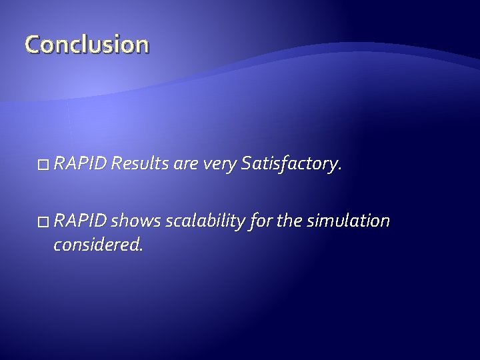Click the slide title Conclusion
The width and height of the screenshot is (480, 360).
pyautogui.click(x=87, y=45)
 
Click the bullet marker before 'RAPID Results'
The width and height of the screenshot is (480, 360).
pyautogui.click(x=44, y=164)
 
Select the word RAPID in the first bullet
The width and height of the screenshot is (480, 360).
pyautogui.click(x=81, y=163)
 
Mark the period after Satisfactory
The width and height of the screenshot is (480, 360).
pyautogui.click(x=340, y=169)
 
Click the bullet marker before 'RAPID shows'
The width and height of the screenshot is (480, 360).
pyautogui.click(x=44, y=221)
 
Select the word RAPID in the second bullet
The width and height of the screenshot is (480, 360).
pyautogui.click(x=81, y=221)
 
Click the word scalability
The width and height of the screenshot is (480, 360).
pyautogui.click(x=203, y=221)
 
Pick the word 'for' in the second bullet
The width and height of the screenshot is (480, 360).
pyautogui.click(x=259, y=221)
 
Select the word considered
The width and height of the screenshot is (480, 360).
pyautogui.click(x=96, y=245)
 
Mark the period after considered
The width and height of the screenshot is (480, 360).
pyautogui.click(x=141, y=250)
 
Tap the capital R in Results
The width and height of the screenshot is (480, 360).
pyautogui.click(x=117, y=163)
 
